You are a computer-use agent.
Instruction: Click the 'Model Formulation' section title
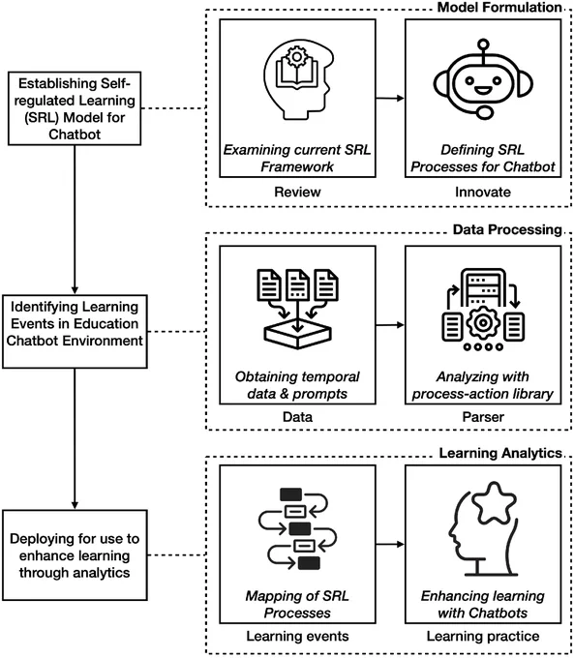tap(499, 8)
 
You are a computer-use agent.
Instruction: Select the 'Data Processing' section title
tap(507, 229)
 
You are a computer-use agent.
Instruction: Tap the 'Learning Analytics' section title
tap(500, 453)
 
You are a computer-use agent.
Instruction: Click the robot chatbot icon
tap(483, 79)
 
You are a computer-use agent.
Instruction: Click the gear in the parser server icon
tap(483, 323)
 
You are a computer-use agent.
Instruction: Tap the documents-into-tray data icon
tap(297, 309)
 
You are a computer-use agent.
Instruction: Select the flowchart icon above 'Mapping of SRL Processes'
tap(297, 528)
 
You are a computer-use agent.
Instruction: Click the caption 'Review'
tap(297, 193)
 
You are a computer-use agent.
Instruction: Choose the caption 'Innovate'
tap(483, 193)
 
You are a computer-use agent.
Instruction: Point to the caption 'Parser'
tap(483, 417)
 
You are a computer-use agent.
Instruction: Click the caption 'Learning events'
tap(297, 636)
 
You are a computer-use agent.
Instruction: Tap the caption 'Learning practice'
tap(483, 636)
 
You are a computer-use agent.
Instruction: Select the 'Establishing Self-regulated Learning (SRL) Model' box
tap(75, 108)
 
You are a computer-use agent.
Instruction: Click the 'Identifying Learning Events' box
tap(75, 332)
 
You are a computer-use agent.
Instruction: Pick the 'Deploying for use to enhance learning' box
tap(75, 555)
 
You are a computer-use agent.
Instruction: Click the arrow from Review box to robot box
tap(390, 98)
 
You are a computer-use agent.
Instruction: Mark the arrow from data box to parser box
tap(390, 325)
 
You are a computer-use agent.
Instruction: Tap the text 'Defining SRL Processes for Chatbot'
tap(483, 158)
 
